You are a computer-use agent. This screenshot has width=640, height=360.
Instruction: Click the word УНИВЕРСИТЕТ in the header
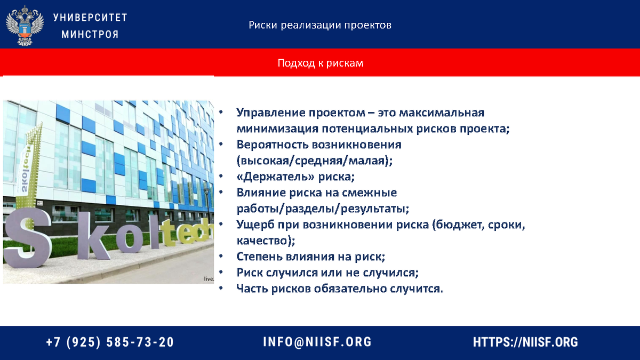click(90, 17)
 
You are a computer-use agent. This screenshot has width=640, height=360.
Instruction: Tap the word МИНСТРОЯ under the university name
click(90, 35)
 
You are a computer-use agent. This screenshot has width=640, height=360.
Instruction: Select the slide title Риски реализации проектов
click(320, 25)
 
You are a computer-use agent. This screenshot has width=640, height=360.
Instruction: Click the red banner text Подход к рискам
click(320, 63)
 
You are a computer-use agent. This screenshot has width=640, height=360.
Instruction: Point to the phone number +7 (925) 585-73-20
click(110, 342)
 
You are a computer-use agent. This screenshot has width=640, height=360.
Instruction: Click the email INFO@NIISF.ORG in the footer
click(317, 342)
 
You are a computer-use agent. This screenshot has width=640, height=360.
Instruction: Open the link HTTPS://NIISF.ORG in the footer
click(525, 342)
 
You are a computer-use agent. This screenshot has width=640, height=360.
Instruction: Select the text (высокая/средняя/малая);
click(310, 161)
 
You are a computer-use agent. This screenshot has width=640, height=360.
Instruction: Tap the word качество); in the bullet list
click(266, 241)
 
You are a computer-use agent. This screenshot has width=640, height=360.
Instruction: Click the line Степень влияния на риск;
click(310, 257)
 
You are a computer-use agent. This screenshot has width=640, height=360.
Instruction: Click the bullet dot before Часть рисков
click(220, 289)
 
